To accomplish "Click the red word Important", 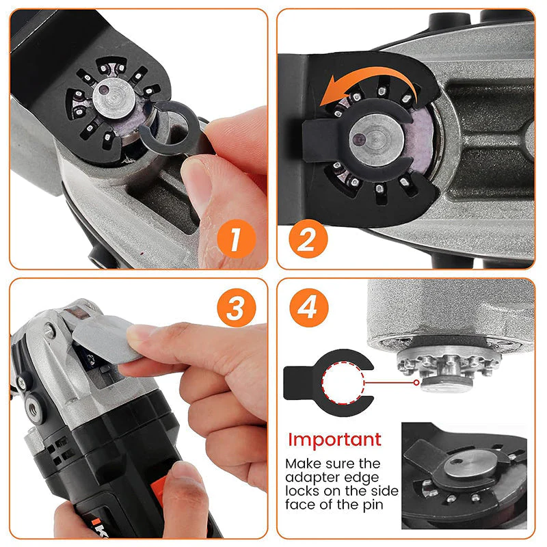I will [x=334, y=439].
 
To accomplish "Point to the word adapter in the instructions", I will [x=310, y=477].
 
